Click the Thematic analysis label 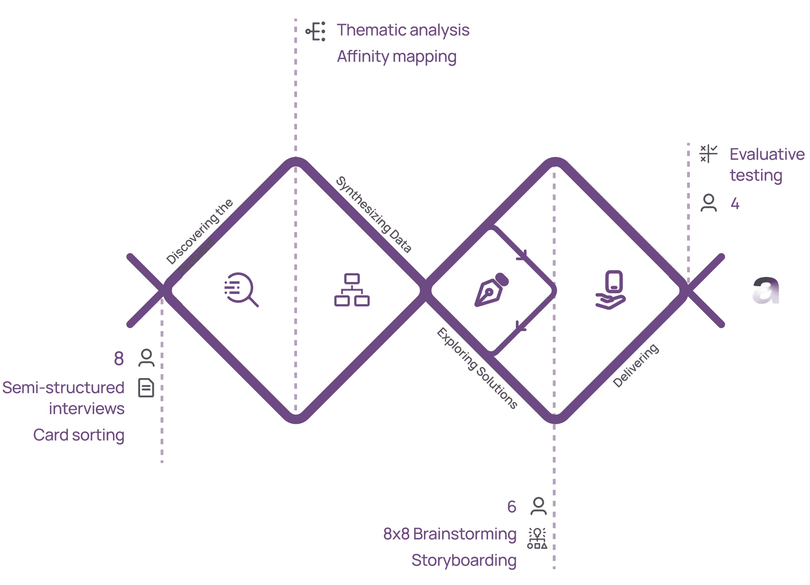[403, 30]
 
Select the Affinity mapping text [396, 57]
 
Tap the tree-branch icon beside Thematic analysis [316, 31]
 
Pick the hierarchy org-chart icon [352, 290]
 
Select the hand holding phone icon [611, 290]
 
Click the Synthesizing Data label [373, 214]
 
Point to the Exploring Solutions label [477, 368]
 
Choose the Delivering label [636, 365]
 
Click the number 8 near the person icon [119, 359]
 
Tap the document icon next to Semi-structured [146, 387]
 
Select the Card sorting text [78, 435]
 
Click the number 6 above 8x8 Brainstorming [511, 507]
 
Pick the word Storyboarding [464, 560]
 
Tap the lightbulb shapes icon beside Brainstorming [537, 538]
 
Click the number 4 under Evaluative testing [734, 203]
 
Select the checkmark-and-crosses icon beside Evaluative [708, 154]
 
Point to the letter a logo [766, 291]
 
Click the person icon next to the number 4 [708, 203]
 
